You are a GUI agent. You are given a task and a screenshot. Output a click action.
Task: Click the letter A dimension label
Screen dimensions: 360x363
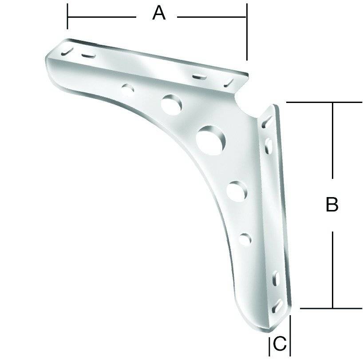point(158,13)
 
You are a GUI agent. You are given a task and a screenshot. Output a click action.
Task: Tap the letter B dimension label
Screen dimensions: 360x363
point(332,205)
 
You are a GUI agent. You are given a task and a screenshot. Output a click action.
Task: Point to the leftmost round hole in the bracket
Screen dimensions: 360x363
point(129,89)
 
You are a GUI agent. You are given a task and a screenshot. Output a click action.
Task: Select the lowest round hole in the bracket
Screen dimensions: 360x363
point(245,238)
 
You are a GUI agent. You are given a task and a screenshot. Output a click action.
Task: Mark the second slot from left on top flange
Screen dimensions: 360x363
point(88,55)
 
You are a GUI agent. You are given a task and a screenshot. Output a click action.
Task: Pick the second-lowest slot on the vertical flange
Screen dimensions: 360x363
point(275,278)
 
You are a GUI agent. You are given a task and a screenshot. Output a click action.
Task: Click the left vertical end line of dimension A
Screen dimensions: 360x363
point(67,16)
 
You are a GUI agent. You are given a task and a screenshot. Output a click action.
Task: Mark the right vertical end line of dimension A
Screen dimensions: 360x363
point(246,31)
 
